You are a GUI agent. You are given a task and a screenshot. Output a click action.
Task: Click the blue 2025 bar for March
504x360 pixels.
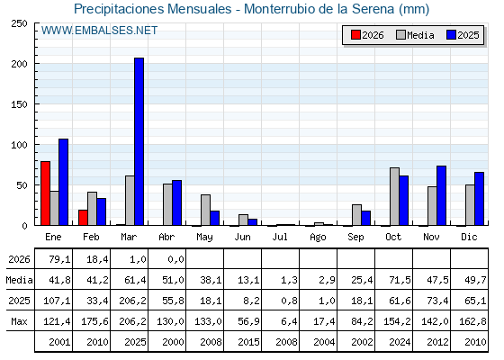tap(139, 141)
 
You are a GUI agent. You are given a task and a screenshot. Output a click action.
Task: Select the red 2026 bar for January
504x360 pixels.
tap(45, 193)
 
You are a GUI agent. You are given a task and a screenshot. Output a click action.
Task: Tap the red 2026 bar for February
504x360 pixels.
tap(83, 218)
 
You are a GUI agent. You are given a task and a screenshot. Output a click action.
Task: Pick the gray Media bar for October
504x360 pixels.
tap(394, 196)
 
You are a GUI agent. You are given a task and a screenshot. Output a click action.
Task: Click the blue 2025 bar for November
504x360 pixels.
tap(441, 195)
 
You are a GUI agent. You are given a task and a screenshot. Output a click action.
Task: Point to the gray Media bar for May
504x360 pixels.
tap(206, 210)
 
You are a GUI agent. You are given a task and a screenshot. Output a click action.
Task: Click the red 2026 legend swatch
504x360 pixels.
tap(355, 35)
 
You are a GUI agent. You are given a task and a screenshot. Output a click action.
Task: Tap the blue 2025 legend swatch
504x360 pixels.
tap(451, 35)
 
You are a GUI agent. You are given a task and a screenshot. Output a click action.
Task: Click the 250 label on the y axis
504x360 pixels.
tap(20, 23)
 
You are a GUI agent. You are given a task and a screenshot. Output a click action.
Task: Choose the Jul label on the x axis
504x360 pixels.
tap(280, 237)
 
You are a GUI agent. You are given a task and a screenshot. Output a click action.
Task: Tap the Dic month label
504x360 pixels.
tap(469, 237)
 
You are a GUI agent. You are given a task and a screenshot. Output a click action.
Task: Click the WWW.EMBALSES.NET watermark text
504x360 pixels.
tap(99, 31)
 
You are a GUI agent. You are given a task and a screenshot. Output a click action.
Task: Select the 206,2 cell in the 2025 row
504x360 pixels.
tap(132, 301)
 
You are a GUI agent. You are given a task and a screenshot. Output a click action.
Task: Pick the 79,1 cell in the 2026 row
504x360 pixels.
tap(59, 259)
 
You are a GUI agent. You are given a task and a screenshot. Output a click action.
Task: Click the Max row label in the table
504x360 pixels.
tap(19, 321)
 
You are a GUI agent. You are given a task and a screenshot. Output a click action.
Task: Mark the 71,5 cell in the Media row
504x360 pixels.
tap(400, 280)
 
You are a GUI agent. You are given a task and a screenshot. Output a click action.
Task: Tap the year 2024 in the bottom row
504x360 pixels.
tap(400, 342)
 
